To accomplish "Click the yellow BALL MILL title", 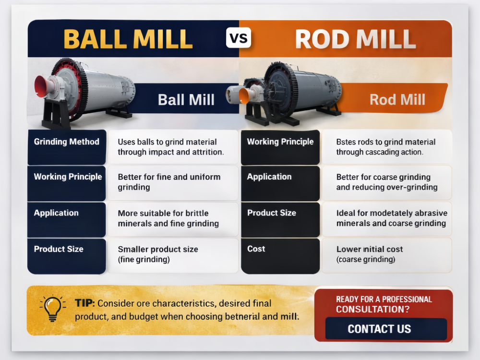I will click(x=128, y=39).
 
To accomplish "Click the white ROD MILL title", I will click(x=355, y=39).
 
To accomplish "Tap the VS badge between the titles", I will click(x=239, y=38).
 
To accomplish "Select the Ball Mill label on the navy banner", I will click(x=186, y=99).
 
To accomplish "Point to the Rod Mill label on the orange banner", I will click(x=397, y=99).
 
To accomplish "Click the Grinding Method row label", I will click(x=67, y=142).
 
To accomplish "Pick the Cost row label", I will click(x=256, y=249).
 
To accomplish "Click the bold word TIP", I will click(x=85, y=303).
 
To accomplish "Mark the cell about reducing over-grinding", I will click(x=386, y=182).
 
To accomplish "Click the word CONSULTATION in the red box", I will click(x=372, y=310).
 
